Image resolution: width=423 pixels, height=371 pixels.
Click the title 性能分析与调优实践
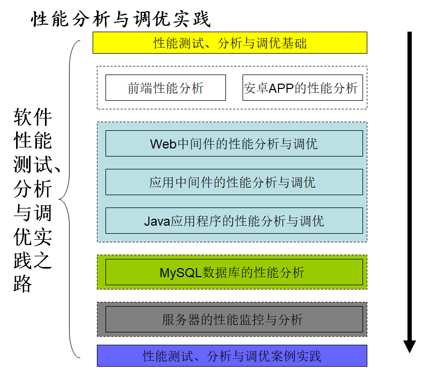click(x=122, y=20)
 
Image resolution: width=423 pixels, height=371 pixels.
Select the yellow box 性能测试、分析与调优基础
click(x=230, y=43)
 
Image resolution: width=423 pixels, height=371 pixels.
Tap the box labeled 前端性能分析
click(x=165, y=88)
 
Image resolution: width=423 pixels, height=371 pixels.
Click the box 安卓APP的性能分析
click(x=302, y=88)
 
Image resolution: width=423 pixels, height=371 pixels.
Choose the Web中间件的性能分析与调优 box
click(x=234, y=144)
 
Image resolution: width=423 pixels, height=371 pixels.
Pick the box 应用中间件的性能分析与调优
click(x=234, y=182)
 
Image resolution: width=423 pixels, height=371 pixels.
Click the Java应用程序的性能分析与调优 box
click(x=234, y=221)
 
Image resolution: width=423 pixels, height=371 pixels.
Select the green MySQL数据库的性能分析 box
click(x=234, y=272)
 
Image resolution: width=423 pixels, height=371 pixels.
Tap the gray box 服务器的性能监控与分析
click(x=234, y=320)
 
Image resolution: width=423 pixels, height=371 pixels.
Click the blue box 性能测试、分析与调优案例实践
click(x=232, y=356)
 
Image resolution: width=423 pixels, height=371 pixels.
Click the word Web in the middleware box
click(x=163, y=144)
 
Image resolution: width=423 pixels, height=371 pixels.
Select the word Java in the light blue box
click(x=156, y=221)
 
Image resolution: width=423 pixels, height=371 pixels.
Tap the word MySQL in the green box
click(x=180, y=272)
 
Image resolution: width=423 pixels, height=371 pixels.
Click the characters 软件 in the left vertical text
click(x=33, y=116)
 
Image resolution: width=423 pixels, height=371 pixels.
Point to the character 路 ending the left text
click(x=23, y=283)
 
